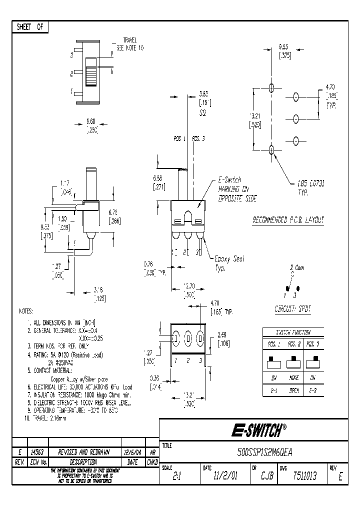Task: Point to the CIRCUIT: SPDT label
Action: pos(292,309)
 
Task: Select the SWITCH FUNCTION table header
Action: pos(293,332)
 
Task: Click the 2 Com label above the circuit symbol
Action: pos(297,268)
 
